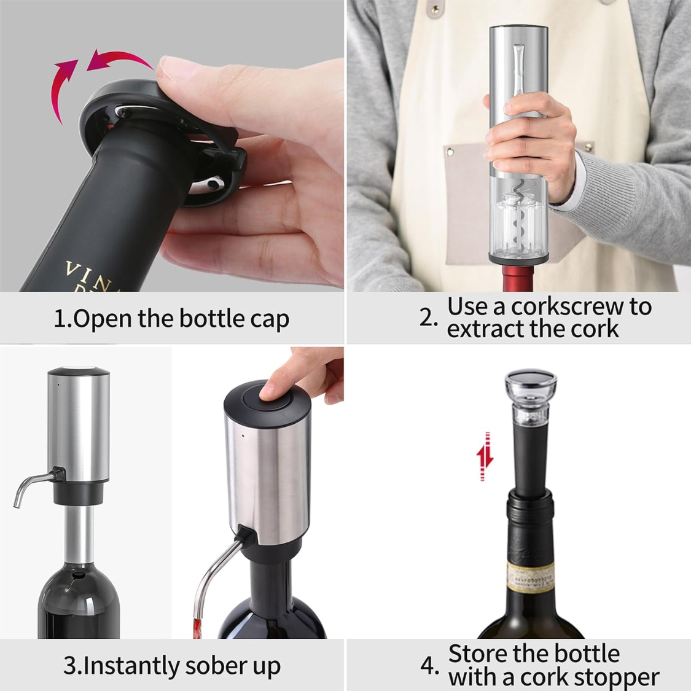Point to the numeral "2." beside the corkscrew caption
coord(429,318)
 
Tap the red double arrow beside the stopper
coord(485,456)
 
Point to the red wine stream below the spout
coord(198,627)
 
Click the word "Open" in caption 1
coord(103,320)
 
